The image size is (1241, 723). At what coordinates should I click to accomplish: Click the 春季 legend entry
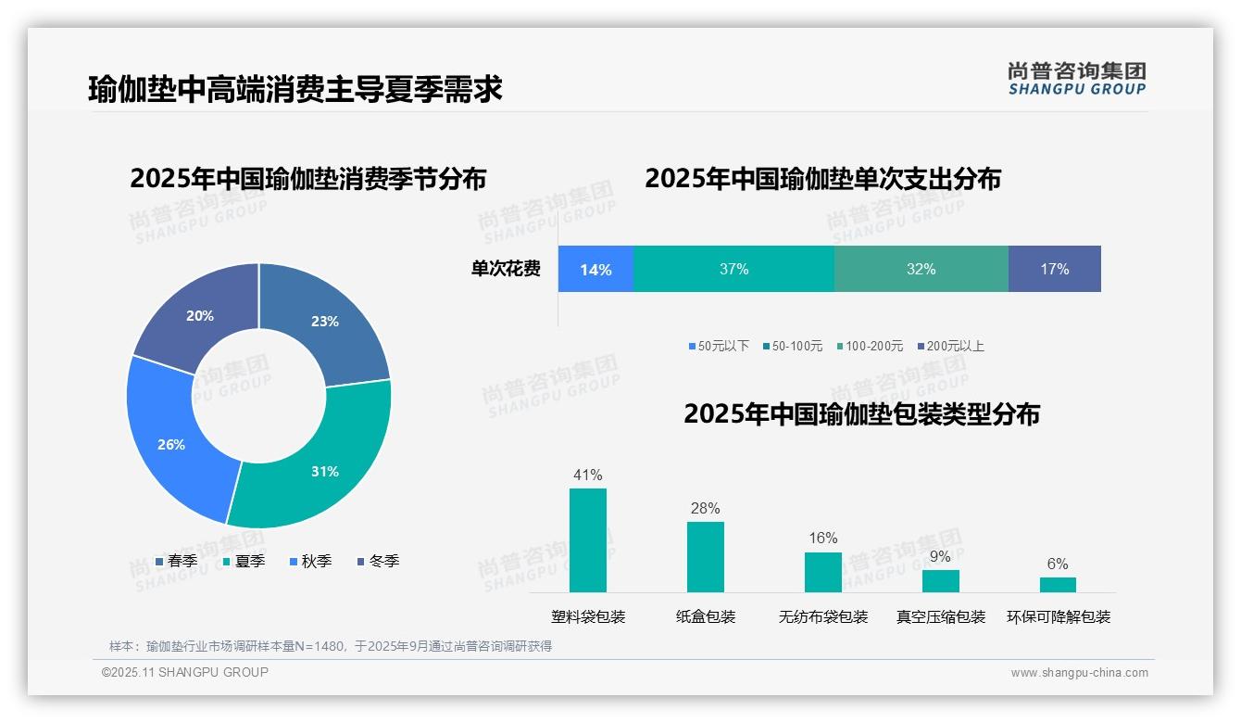pos(176,561)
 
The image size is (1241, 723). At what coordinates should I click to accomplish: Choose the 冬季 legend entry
pos(378,561)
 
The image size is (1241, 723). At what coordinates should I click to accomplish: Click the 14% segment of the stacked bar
pos(595,270)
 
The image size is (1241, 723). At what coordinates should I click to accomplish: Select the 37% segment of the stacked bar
pos(733,270)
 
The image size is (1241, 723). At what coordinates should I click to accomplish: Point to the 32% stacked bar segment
pos(921,270)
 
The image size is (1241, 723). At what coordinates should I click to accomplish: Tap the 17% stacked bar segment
pos(1054,270)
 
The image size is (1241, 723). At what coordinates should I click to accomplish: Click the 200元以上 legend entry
pos(950,346)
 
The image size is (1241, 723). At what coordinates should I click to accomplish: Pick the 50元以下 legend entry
pos(719,346)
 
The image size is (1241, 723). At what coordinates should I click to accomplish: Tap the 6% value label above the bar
pos(1058,564)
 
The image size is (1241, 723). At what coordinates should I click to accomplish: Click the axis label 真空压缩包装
pos(941,616)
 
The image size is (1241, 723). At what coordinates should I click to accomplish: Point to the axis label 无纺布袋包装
pos(823,616)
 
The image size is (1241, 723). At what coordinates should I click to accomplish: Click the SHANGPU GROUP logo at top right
pos(1077,79)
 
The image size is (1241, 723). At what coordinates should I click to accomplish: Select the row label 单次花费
pos(506,270)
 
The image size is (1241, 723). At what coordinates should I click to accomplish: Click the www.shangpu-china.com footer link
pos(1079,673)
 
